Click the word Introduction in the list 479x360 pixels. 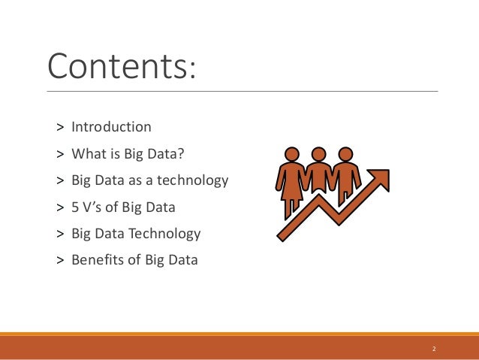click(x=111, y=126)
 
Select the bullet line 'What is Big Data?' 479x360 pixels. click(x=127, y=153)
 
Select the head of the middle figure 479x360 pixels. click(x=318, y=154)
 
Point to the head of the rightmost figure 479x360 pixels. click(x=345, y=154)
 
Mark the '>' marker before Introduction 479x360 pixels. click(x=59, y=127)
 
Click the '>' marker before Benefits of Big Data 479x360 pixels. click(x=59, y=262)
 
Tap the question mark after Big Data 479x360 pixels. click(x=180, y=153)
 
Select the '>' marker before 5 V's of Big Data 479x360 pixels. click(x=59, y=207)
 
